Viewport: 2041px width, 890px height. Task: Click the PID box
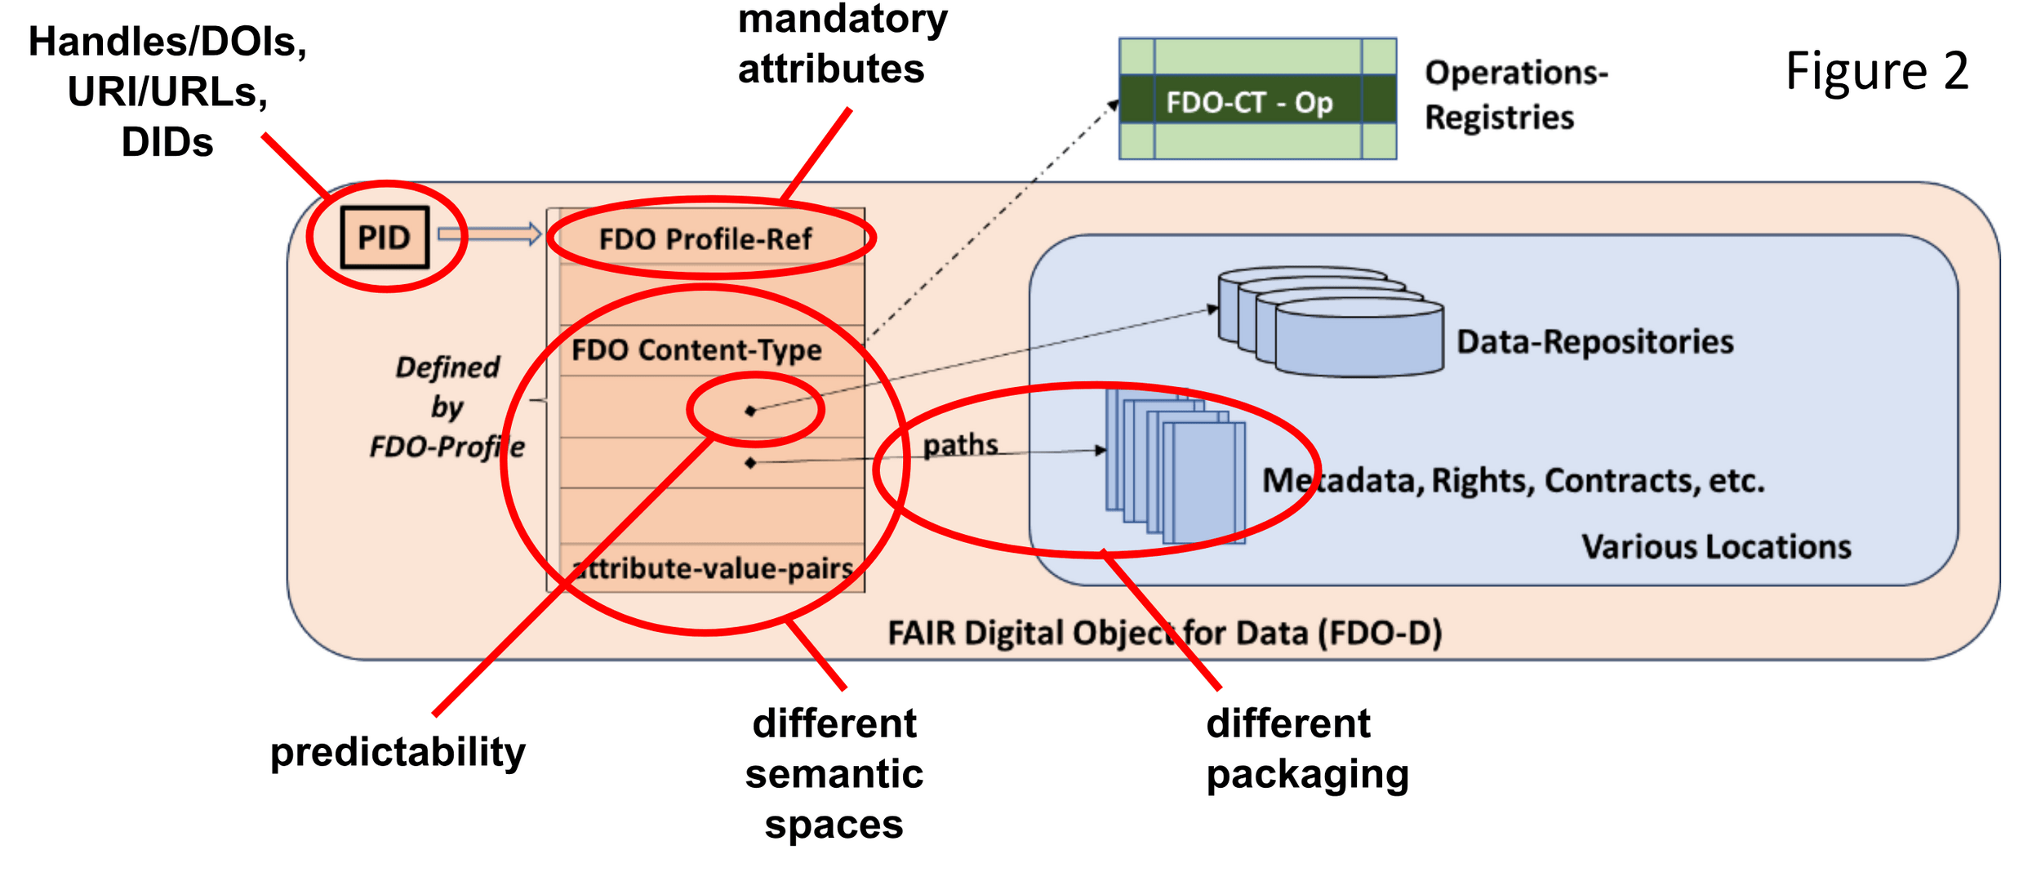click(x=385, y=238)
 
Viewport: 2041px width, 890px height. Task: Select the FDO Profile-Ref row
click(x=705, y=239)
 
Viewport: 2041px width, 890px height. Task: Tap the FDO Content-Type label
click(x=696, y=350)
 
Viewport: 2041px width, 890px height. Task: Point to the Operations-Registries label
click(x=1514, y=95)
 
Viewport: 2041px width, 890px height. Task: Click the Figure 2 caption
click(x=1876, y=71)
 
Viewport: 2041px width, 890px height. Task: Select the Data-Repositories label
click(x=1594, y=342)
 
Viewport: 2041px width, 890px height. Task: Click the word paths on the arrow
click(x=960, y=445)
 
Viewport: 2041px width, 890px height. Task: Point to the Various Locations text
click(x=1716, y=546)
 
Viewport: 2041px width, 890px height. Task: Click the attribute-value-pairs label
click(x=714, y=568)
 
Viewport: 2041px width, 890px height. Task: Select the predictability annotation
click(x=398, y=751)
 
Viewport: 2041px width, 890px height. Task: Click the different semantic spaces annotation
click(x=834, y=773)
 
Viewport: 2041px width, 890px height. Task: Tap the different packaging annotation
click(x=1306, y=749)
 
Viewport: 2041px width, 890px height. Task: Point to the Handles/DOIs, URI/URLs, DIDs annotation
click(x=167, y=91)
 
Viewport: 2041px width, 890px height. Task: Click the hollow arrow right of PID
click(x=489, y=234)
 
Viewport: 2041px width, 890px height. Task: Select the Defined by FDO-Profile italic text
click(x=447, y=407)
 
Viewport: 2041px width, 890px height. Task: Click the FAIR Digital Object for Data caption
click(x=1164, y=633)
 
